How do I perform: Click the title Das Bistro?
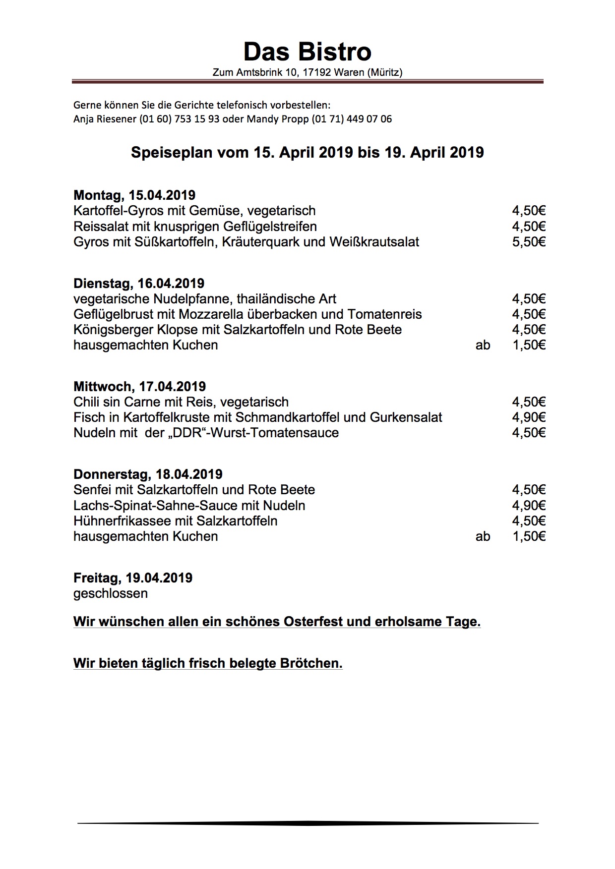pos(307,52)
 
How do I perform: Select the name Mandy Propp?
pos(283,119)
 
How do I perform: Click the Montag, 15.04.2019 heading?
pos(134,195)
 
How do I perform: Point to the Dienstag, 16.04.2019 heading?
pos(139,283)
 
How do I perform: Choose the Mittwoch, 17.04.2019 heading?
pos(139,386)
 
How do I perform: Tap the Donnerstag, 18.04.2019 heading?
pos(148,474)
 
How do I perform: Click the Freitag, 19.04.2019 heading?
pos(133,578)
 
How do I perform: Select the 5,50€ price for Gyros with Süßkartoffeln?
pos(529,242)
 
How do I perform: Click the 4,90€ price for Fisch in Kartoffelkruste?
pos(529,417)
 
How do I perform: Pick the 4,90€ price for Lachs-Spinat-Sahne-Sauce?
pos(529,506)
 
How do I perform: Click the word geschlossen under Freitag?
pos(111,593)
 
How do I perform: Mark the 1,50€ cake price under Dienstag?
pos(529,345)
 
